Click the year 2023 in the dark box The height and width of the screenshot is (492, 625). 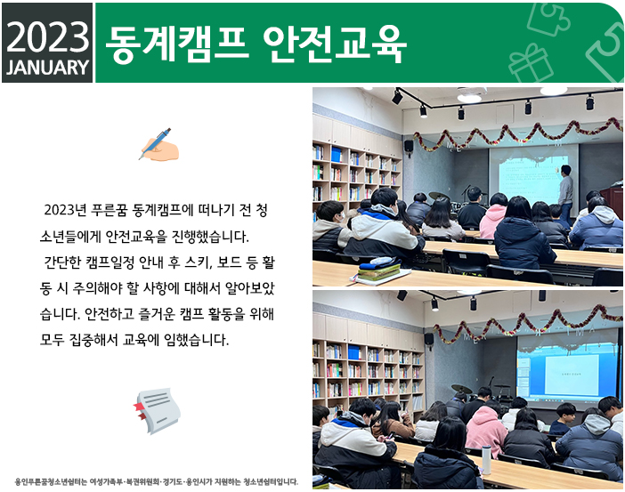pos(47,37)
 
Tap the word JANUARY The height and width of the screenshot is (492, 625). pos(47,68)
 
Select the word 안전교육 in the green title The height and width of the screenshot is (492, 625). pos(335,44)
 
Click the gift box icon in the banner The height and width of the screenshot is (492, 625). pos(531,63)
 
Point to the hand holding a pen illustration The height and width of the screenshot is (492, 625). pos(160,145)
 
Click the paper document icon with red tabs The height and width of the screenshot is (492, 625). pos(157,410)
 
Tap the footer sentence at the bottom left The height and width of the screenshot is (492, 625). pos(157,481)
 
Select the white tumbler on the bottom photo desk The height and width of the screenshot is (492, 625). pos(486,459)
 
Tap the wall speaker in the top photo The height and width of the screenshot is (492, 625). pos(409,146)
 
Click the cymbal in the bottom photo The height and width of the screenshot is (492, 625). pos(461,389)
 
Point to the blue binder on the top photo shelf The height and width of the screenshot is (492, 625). pos(337,154)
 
